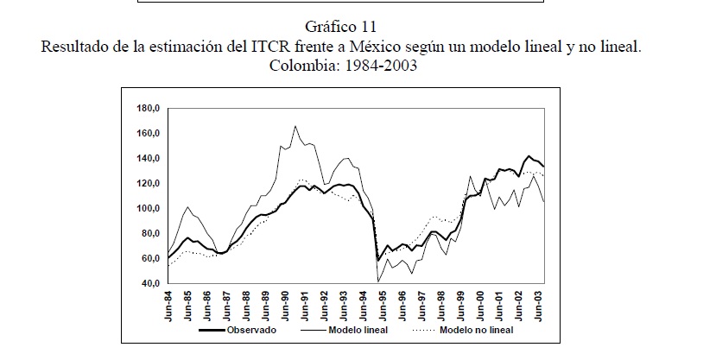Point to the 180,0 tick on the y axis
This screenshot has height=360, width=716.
tap(149, 108)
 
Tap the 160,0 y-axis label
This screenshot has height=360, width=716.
tap(149, 133)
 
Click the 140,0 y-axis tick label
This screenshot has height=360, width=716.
tap(149, 158)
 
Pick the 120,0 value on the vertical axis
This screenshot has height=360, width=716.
tap(149, 183)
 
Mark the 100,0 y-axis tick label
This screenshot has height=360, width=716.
tap(149, 208)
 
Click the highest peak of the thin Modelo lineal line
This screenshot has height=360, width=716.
tap(295, 126)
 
